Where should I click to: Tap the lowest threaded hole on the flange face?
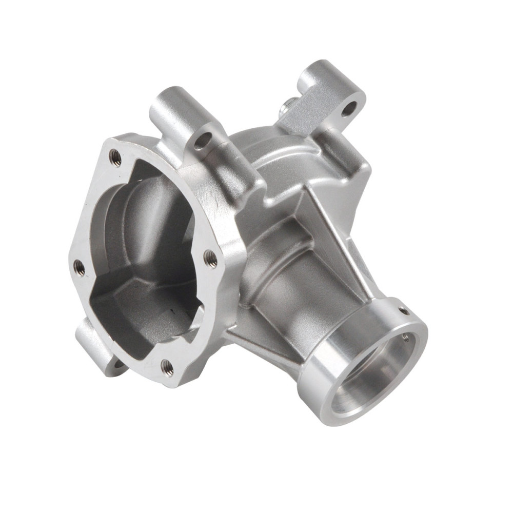167,366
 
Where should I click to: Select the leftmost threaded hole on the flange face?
78,266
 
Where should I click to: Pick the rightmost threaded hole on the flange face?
210,256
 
